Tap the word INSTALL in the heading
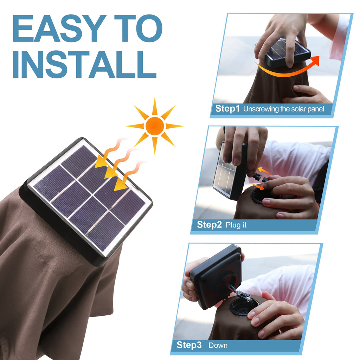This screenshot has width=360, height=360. point(84,64)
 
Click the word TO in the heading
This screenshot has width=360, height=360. point(138,28)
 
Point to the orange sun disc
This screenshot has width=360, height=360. point(155,126)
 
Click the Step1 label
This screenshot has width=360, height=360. point(227,108)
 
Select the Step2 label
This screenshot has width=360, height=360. point(209,225)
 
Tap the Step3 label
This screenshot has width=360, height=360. point(189,345)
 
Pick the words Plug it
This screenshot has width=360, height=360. point(236,225)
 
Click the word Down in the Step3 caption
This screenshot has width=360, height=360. point(218,345)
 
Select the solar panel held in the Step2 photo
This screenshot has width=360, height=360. point(229,171)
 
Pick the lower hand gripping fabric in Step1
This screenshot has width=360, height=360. point(307,95)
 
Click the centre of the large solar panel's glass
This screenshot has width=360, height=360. point(89,198)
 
